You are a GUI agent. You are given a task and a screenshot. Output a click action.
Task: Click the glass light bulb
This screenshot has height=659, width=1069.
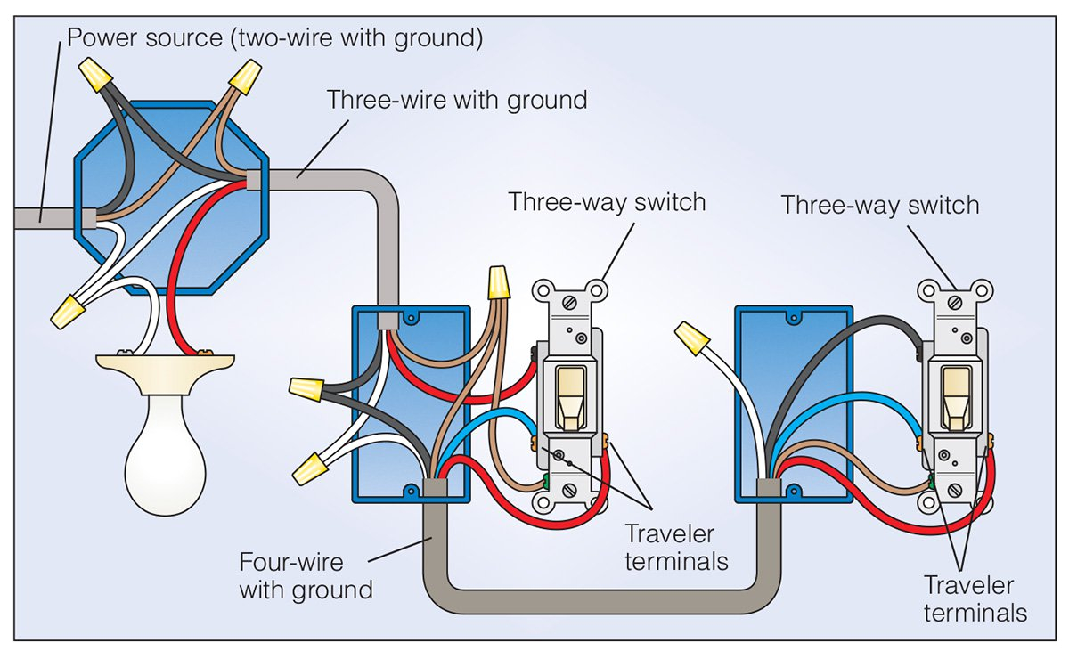coord(165,445)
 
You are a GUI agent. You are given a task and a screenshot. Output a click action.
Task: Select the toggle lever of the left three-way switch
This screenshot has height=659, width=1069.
coord(567,395)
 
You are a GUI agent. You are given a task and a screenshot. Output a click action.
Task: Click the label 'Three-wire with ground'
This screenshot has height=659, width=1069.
coord(457,99)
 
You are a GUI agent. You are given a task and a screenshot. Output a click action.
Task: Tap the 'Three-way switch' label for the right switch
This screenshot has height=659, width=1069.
coord(879,205)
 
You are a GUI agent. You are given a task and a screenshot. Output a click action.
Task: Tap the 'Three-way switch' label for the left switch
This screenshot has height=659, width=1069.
coord(607,201)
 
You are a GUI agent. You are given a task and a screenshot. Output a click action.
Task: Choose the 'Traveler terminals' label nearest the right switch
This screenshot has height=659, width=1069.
coord(975,598)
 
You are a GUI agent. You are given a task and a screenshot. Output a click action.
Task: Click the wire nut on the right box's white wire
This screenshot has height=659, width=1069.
coord(693,338)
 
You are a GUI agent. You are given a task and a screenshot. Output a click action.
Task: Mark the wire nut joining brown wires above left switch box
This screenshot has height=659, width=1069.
coord(500,284)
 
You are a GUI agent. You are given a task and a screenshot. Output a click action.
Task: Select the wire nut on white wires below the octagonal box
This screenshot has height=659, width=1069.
coord(69,311)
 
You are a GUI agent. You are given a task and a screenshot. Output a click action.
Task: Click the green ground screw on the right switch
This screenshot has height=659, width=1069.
coord(932,483)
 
